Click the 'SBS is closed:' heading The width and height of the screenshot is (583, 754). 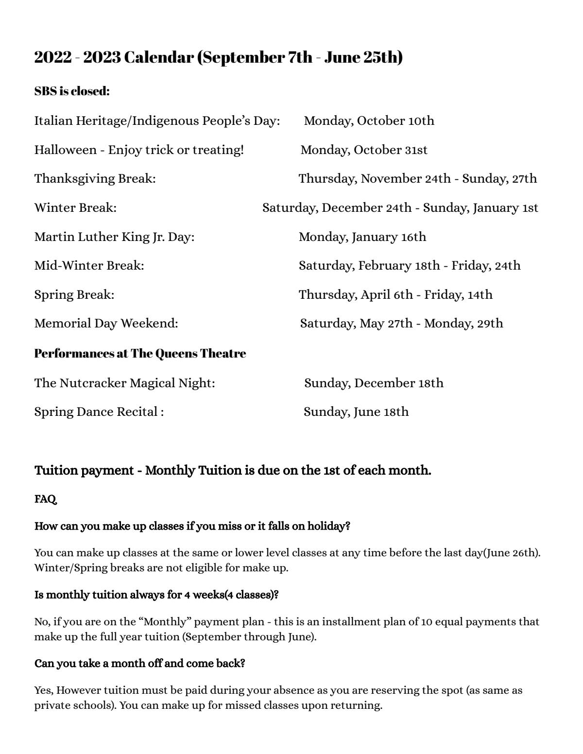pyautogui.click(x=72, y=91)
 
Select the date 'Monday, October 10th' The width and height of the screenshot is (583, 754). pyautogui.click(x=369, y=120)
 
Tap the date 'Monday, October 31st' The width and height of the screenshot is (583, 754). pyautogui.click(x=364, y=150)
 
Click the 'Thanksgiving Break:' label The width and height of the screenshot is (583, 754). pyautogui.click(x=95, y=179)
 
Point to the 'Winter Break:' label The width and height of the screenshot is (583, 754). pyautogui.click(x=75, y=208)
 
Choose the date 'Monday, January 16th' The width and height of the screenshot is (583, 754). pyautogui.click(x=362, y=237)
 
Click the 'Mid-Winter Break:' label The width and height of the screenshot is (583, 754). pyautogui.click(x=89, y=266)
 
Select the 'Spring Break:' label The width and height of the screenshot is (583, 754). pyautogui.click(x=74, y=294)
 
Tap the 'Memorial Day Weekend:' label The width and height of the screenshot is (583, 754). pyautogui.click(x=106, y=324)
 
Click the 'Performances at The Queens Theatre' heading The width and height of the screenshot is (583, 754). pyautogui.click(x=140, y=353)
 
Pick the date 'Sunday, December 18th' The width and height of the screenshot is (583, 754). pyautogui.click(x=374, y=383)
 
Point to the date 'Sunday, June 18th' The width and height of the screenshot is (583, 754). pyautogui.click(x=356, y=412)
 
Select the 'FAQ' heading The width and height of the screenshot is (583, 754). pyautogui.click(x=45, y=499)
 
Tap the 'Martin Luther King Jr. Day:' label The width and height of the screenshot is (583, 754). pyautogui.click(x=114, y=237)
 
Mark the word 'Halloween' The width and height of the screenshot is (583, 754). pyautogui.click(x=65, y=150)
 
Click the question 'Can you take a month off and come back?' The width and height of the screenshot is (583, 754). pyautogui.click(x=139, y=663)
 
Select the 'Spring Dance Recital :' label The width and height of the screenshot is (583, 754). pyautogui.click(x=99, y=412)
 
